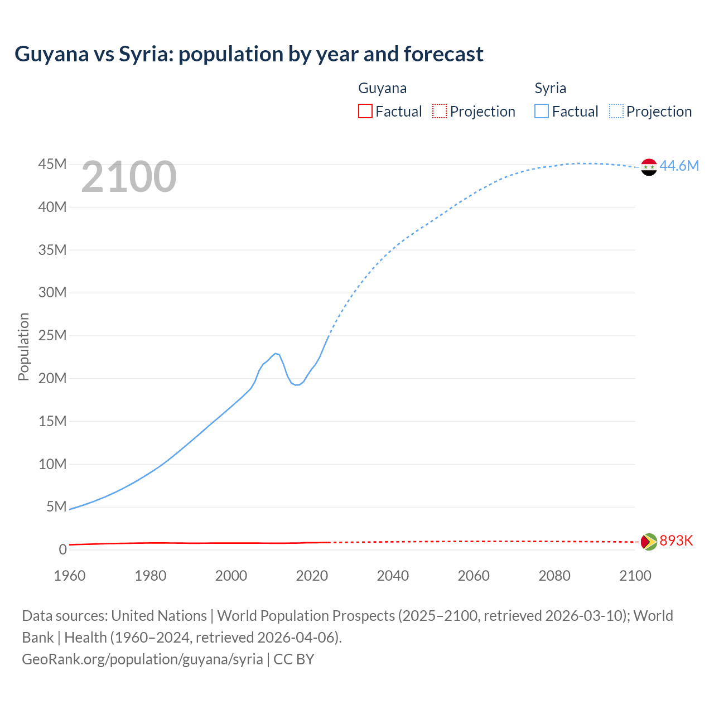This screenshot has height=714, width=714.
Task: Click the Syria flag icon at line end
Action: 649,167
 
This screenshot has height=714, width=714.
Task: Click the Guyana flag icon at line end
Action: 649,542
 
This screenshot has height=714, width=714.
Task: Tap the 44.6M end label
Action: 679,166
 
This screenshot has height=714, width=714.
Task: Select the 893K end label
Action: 676,541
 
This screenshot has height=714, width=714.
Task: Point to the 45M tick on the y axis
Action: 52,165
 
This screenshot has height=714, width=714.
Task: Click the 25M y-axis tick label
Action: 52,336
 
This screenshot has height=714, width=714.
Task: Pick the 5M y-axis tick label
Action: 56,507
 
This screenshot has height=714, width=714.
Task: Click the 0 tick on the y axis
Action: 62,550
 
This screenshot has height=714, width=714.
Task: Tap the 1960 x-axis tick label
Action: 70,576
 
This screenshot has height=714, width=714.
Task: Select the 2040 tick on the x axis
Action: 393,576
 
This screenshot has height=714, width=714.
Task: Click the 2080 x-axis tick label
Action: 554,576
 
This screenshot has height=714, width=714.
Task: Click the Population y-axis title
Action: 23,346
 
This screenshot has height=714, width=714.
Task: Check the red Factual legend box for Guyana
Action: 365,112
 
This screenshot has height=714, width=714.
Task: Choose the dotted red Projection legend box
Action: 440,112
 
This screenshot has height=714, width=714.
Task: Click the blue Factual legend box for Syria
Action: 542,112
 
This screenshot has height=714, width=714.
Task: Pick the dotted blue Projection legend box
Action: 616,112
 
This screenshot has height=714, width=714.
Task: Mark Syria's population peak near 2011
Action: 276,353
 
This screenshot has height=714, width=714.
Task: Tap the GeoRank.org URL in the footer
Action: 142,659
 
